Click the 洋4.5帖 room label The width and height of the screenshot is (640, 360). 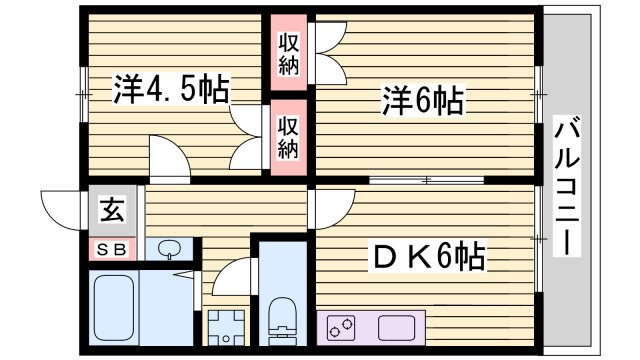(170, 90)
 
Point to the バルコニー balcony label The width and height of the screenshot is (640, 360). (566, 186)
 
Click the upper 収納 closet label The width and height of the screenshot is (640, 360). (289, 55)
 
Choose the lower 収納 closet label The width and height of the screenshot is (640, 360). (289, 136)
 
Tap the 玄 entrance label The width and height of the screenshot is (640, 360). (111, 212)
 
